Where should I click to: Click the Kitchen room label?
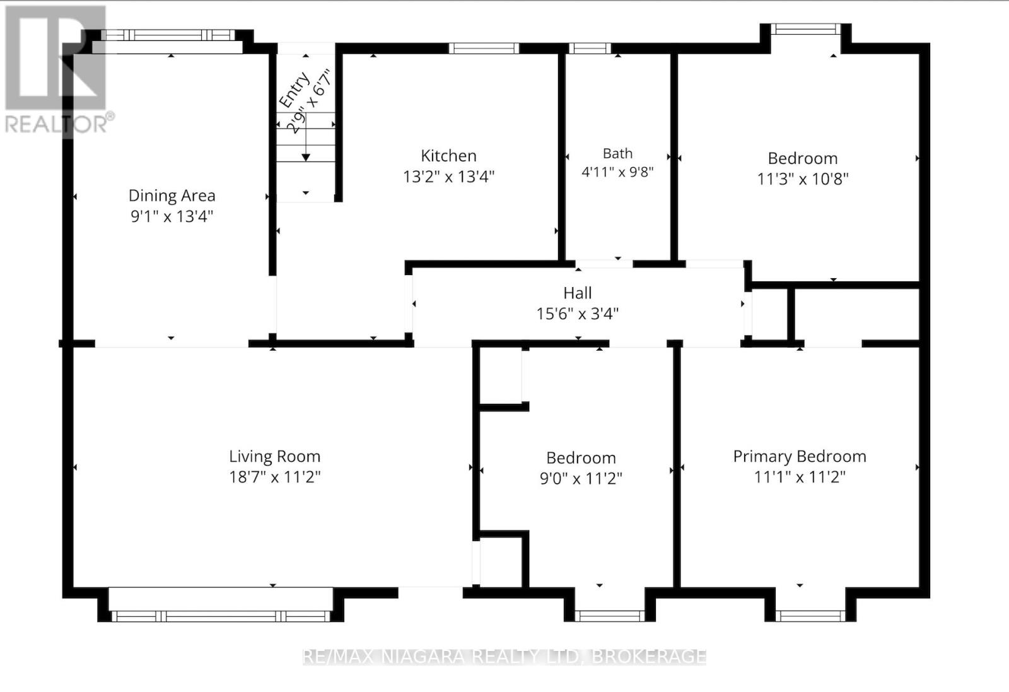pos(448,156)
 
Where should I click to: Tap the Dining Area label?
pos(172,196)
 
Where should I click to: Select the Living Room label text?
pos(275,456)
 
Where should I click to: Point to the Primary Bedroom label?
pos(800,456)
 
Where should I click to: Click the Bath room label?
pos(617,154)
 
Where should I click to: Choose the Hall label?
pos(578,293)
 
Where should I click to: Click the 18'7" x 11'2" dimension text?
pos(275,477)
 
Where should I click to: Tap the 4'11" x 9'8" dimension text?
pos(617,172)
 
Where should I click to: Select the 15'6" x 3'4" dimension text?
pos(578,313)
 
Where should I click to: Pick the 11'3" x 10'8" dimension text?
pos(803,179)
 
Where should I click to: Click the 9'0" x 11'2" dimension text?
pos(581,478)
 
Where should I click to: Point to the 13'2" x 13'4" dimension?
pos(448,176)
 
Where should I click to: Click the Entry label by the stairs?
pos(294,90)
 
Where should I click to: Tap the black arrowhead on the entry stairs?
pos(306,157)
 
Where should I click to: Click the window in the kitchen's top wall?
pos(484,48)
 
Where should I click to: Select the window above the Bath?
pos(590,48)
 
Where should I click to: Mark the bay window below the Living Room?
pos(221,616)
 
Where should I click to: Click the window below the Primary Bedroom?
pos(810,616)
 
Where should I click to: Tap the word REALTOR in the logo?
pos(56,124)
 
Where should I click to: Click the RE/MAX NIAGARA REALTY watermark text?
pos(504,657)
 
